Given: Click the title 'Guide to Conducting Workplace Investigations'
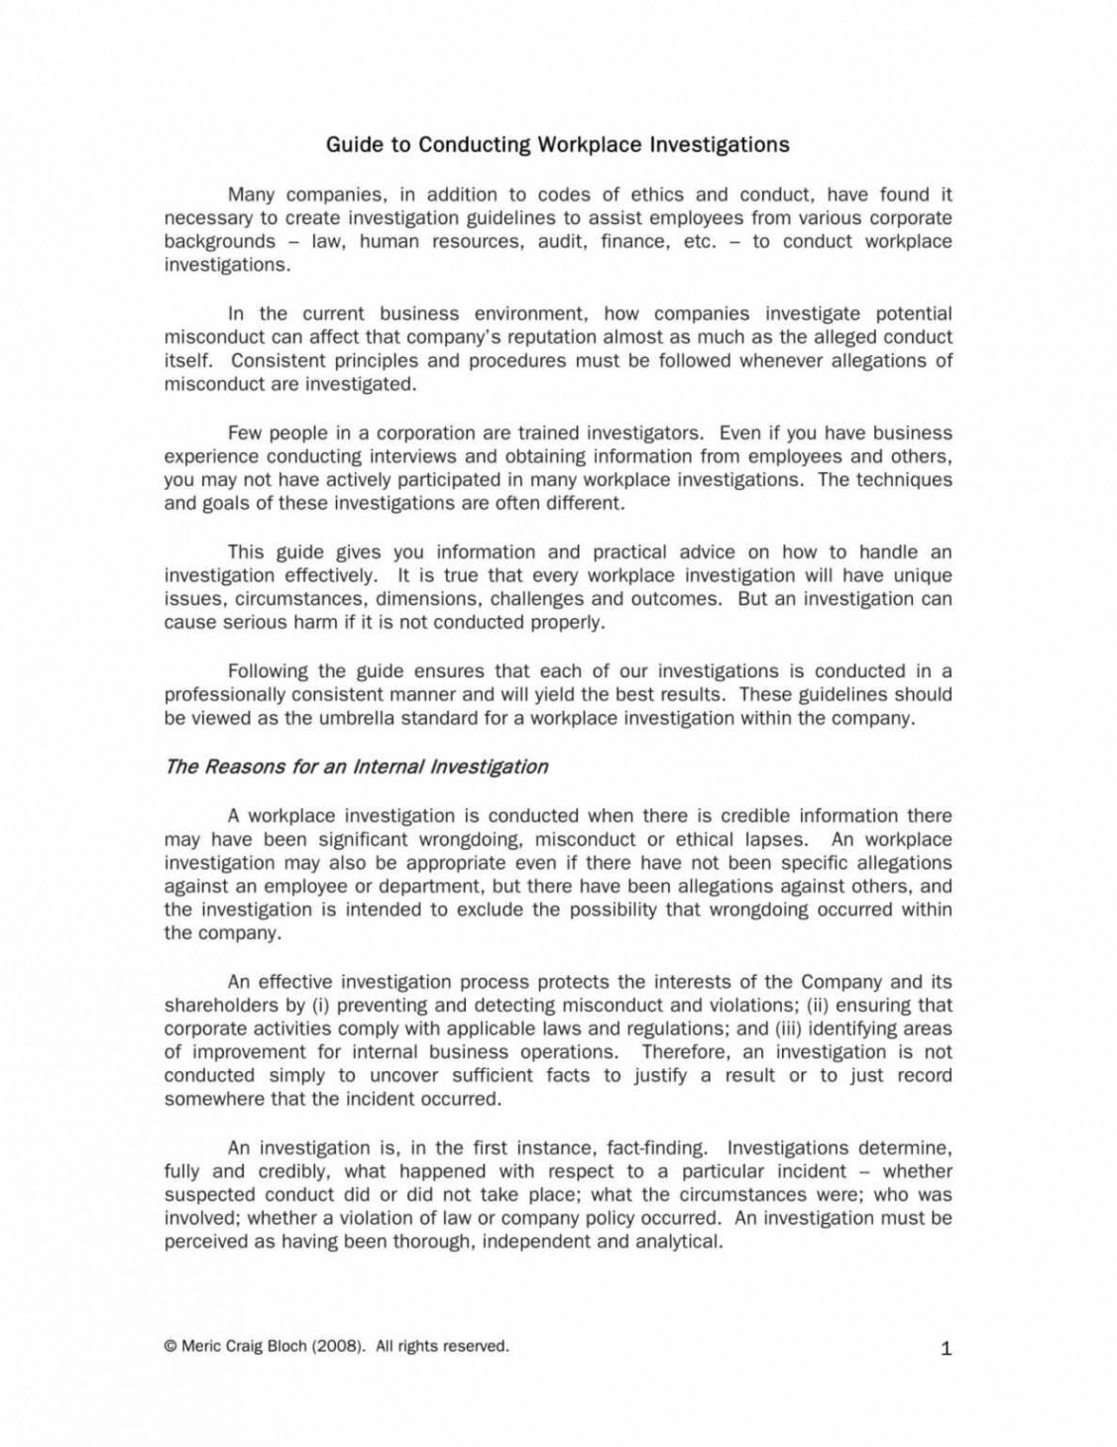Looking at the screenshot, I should click(x=557, y=145).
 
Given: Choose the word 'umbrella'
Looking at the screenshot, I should click(x=364, y=718).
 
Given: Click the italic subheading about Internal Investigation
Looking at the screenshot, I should click(x=356, y=767).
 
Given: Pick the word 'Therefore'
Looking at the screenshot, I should click(x=684, y=1052).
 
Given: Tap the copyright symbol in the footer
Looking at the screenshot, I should click(x=170, y=1346).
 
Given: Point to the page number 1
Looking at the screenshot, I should click(x=946, y=1348).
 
